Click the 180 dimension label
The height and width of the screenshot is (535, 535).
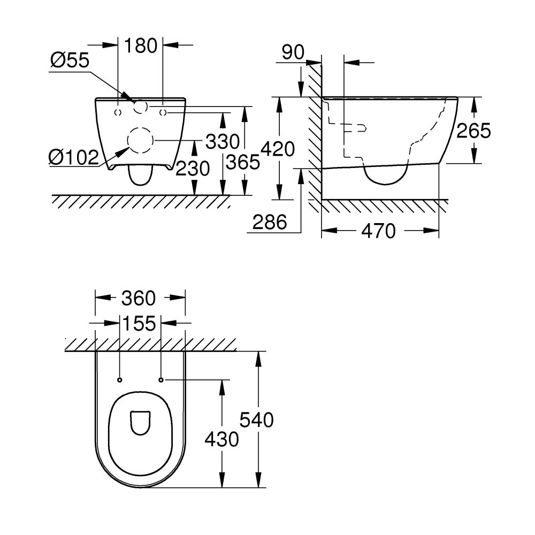(141, 45)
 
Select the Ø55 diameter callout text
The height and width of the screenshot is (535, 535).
(70, 60)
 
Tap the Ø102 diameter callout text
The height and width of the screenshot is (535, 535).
(73, 157)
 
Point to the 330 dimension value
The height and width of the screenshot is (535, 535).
(222, 142)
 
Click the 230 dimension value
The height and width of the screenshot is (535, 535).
(193, 169)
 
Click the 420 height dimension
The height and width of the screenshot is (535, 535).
(277, 149)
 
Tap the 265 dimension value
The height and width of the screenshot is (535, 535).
(473, 131)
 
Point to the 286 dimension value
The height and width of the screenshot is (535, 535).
(270, 221)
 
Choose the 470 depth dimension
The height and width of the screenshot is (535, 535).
(378, 231)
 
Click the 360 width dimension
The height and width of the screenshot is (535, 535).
(138, 298)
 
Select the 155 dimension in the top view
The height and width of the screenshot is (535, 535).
(139, 323)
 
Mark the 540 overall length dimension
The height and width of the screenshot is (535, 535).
(256, 420)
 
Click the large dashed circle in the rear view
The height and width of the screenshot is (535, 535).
(140, 140)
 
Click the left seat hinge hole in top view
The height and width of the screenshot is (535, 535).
(119, 380)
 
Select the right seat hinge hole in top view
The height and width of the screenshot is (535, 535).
(161, 380)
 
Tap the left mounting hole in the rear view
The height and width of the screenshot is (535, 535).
(118, 112)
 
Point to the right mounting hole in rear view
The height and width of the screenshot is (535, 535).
(163, 112)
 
